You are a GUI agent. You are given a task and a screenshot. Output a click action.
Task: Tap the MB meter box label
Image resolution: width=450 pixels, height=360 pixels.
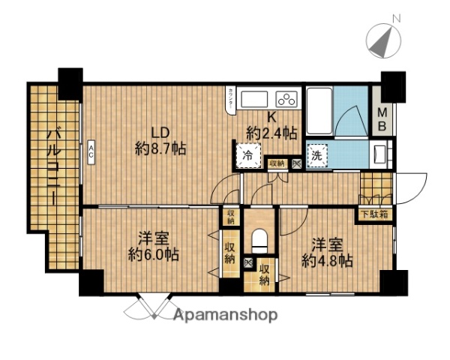click(382, 119)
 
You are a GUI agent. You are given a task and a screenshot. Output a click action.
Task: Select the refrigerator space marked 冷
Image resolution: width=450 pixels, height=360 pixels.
click(247, 156)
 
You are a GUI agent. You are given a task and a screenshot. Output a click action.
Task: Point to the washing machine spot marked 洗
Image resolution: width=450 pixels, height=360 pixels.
click(316, 156)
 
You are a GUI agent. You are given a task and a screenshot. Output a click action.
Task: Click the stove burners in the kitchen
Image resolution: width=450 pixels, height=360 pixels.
click(286, 98)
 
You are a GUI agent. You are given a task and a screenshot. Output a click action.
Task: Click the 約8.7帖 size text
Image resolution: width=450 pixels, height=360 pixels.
click(160, 148)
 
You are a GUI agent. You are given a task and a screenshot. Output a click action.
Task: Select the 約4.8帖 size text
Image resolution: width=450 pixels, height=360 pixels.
click(328, 260)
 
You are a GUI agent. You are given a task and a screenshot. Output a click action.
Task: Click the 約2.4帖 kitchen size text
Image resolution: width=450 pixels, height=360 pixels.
click(271, 133)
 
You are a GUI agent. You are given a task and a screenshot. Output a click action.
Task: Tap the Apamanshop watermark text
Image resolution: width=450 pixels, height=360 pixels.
click(226, 314)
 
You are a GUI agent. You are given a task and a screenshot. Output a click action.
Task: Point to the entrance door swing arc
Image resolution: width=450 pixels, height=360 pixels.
click(413, 183)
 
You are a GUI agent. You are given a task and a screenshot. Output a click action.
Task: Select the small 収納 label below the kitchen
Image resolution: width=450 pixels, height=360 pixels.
click(276, 163)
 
